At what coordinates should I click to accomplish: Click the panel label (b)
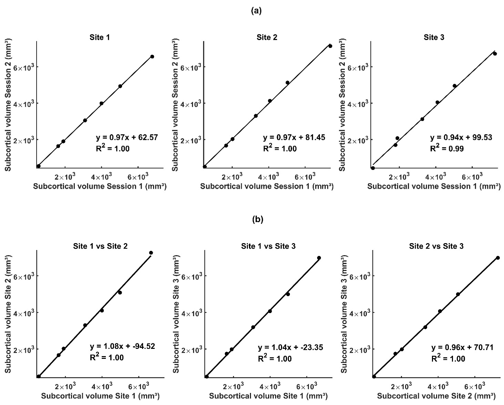pyautogui.click(x=258, y=220)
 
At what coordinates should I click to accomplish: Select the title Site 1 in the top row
pyautogui.click(x=100, y=37)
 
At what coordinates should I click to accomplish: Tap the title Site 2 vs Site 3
pyautogui.click(x=436, y=246)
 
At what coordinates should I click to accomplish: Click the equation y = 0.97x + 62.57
pyautogui.click(x=127, y=138)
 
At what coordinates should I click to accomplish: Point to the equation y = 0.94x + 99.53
pyautogui.click(x=461, y=138)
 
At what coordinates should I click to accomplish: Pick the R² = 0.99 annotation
pyautogui.click(x=447, y=149)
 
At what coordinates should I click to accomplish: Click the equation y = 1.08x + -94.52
pyautogui.click(x=122, y=346)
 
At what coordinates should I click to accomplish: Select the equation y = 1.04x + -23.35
pyautogui.click(x=290, y=347)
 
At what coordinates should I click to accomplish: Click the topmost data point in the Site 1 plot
pyautogui.click(x=152, y=56)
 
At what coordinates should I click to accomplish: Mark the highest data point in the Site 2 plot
pyautogui.click(x=330, y=46)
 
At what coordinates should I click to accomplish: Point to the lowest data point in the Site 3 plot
pyautogui.click(x=373, y=168)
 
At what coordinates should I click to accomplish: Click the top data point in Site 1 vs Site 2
pyautogui.click(x=151, y=253)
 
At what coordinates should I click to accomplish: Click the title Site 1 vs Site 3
pyautogui.click(x=268, y=246)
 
